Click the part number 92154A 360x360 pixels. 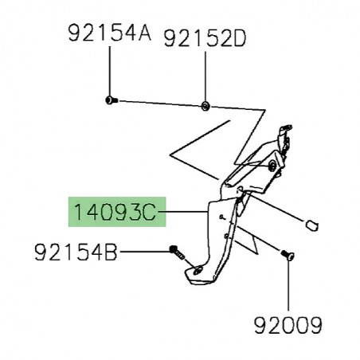(x=108, y=34)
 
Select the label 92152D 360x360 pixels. (x=205, y=37)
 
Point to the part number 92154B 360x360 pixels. (x=76, y=253)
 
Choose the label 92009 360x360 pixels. (x=288, y=325)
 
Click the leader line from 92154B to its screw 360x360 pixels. (x=143, y=253)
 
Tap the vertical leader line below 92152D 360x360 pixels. (x=205, y=76)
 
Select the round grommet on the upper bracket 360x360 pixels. (x=274, y=166)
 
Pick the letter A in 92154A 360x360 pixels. (x=143, y=34)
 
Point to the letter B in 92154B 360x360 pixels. (x=112, y=253)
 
